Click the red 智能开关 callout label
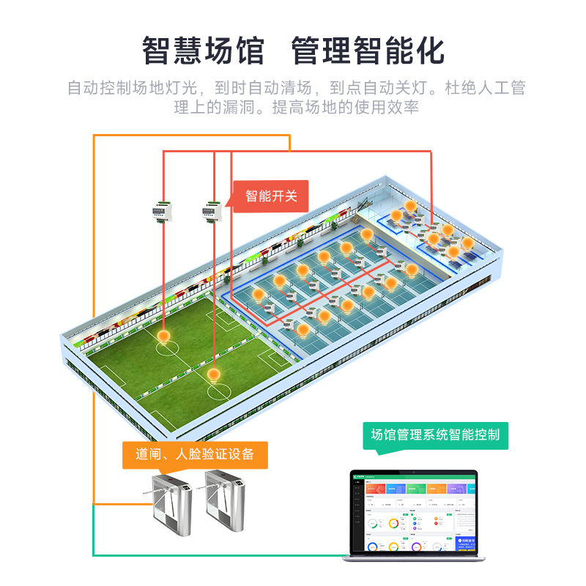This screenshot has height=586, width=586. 272,196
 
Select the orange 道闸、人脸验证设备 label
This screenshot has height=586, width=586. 194,454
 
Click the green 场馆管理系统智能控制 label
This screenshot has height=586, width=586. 435,434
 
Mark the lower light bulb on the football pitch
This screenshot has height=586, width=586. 214,375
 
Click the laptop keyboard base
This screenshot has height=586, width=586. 414,558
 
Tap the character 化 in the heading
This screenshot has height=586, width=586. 431,51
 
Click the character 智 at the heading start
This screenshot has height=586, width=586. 156,51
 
